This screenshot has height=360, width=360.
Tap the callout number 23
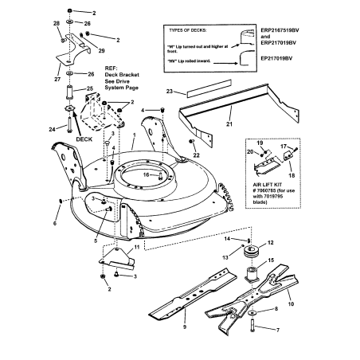[169, 93]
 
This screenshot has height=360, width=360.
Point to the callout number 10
[311, 282]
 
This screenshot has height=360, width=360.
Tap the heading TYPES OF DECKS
[196, 29]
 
